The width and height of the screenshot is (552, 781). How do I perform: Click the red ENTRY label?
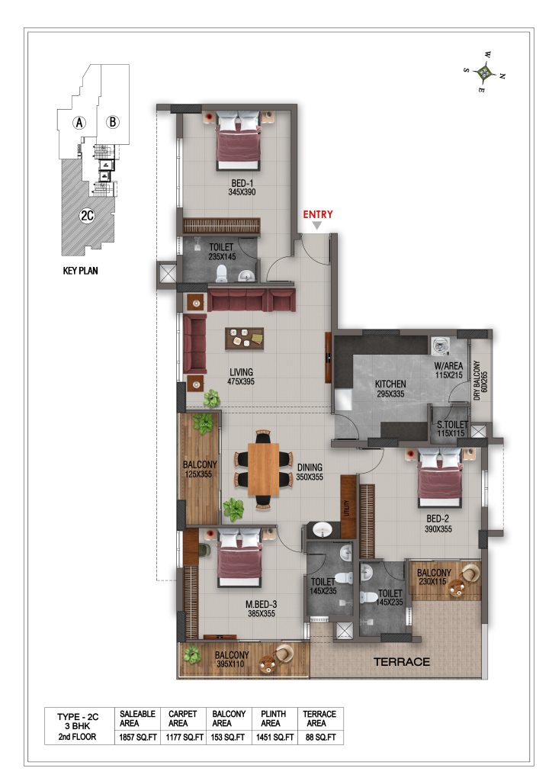[x=318, y=214]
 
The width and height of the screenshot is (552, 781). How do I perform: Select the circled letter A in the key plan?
[x=79, y=122]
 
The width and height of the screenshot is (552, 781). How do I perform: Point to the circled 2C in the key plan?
[x=87, y=216]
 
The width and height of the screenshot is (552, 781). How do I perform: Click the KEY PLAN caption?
[x=80, y=271]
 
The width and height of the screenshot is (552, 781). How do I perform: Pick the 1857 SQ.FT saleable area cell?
[x=137, y=738]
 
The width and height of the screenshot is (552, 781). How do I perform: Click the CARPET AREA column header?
[x=183, y=718]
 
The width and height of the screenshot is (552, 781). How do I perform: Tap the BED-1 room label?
[x=242, y=183]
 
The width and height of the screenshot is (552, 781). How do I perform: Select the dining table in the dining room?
[x=264, y=469]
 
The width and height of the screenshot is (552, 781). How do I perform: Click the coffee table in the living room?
[x=244, y=339]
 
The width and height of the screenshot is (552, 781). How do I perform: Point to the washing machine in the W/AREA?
[x=440, y=346]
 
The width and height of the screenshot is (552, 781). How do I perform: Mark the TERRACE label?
[x=402, y=662]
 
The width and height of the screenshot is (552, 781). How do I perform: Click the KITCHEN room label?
[x=390, y=384]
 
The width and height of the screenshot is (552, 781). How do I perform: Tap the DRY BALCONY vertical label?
[x=477, y=381]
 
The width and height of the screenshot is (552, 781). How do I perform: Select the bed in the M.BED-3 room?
[x=239, y=558]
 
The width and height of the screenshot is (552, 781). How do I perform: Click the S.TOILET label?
[x=452, y=424]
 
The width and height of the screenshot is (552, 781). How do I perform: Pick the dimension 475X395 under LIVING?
[x=241, y=381]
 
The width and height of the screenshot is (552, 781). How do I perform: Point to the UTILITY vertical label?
[x=348, y=508]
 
